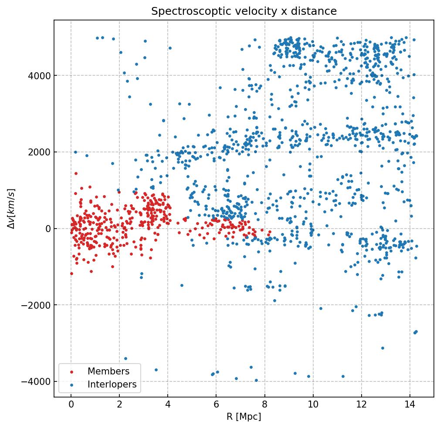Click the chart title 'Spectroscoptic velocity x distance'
pos(244,11)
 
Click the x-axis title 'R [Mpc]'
pos(244,417)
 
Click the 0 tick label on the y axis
pos(48,229)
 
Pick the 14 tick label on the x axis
pos(410,405)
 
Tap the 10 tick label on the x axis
pos(313,405)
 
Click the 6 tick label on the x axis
pos(216,405)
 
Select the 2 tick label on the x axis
pos(119,405)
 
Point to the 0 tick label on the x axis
pos(71,405)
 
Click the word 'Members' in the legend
pos(108,371)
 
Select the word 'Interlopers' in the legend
pos(112,384)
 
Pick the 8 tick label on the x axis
pos(264,405)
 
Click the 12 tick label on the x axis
pos(361,405)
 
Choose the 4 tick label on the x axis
pos(168,405)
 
